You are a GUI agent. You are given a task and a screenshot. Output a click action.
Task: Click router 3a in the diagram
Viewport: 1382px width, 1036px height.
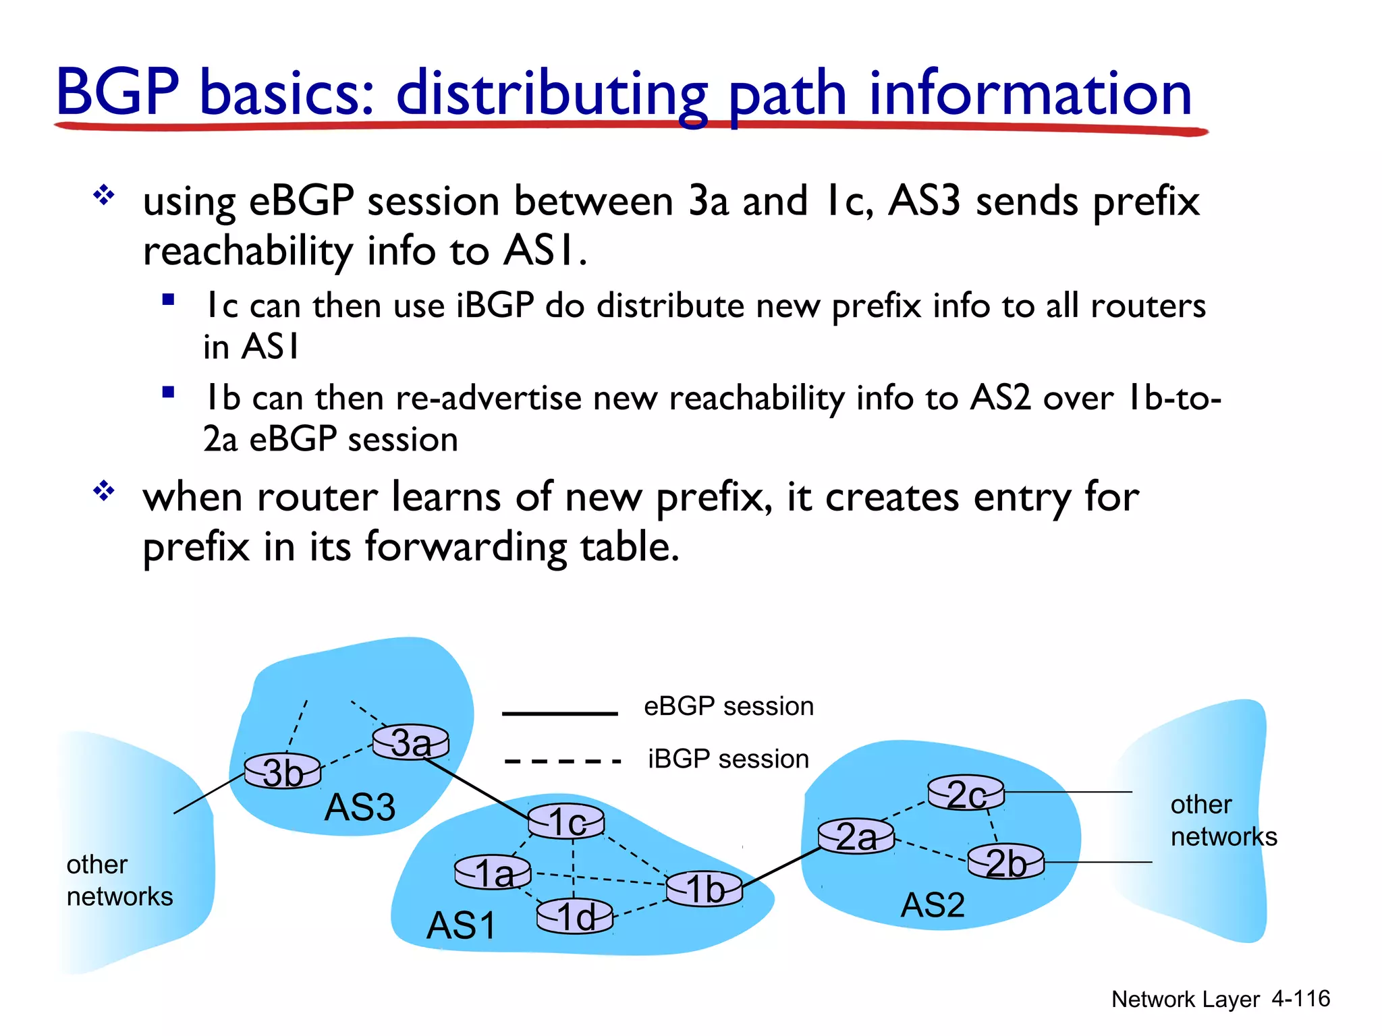pyautogui.click(x=410, y=742)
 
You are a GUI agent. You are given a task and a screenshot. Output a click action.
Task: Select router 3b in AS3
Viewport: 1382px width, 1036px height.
pyautogui.click(x=282, y=771)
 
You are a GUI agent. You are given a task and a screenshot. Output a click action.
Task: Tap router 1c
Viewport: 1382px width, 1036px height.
pyautogui.click(x=565, y=821)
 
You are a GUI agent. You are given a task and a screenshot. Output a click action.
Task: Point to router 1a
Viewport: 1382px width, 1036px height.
pyautogui.click(x=493, y=872)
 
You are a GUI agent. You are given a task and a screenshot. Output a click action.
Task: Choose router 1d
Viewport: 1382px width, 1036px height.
pyautogui.click(x=575, y=916)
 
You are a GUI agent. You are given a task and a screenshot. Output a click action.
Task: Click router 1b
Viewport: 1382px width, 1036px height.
pyautogui.click(x=704, y=888)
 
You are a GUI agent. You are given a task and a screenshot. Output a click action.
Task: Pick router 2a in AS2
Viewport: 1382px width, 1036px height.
pyautogui.click(x=856, y=836)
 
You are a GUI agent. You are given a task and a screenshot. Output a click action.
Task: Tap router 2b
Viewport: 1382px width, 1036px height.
pyautogui.click(x=1005, y=861)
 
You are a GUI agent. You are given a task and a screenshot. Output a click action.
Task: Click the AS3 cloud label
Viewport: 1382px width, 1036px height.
pyautogui.click(x=360, y=807)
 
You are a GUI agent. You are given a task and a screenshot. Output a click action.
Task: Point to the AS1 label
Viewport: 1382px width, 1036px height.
pyautogui.click(x=461, y=925)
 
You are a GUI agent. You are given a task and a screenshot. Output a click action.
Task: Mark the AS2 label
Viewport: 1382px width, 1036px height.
pyautogui.click(x=933, y=904)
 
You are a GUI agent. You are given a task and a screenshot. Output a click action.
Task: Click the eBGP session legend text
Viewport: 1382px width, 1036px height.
pyautogui.click(x=728, y=706)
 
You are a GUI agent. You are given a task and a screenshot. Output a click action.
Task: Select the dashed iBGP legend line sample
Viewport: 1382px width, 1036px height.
pyautogui.click(x=561, y=761)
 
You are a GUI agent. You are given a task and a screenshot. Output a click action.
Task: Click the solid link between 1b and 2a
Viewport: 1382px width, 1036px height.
pyautogui.click(x=781, y=867)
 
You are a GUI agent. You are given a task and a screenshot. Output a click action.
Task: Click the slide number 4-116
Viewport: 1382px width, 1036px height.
pyautogui.click(x=1300, y=998)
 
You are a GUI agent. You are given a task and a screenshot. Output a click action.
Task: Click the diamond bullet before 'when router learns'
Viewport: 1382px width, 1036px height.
pyautogui.click(x=104, y=490)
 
